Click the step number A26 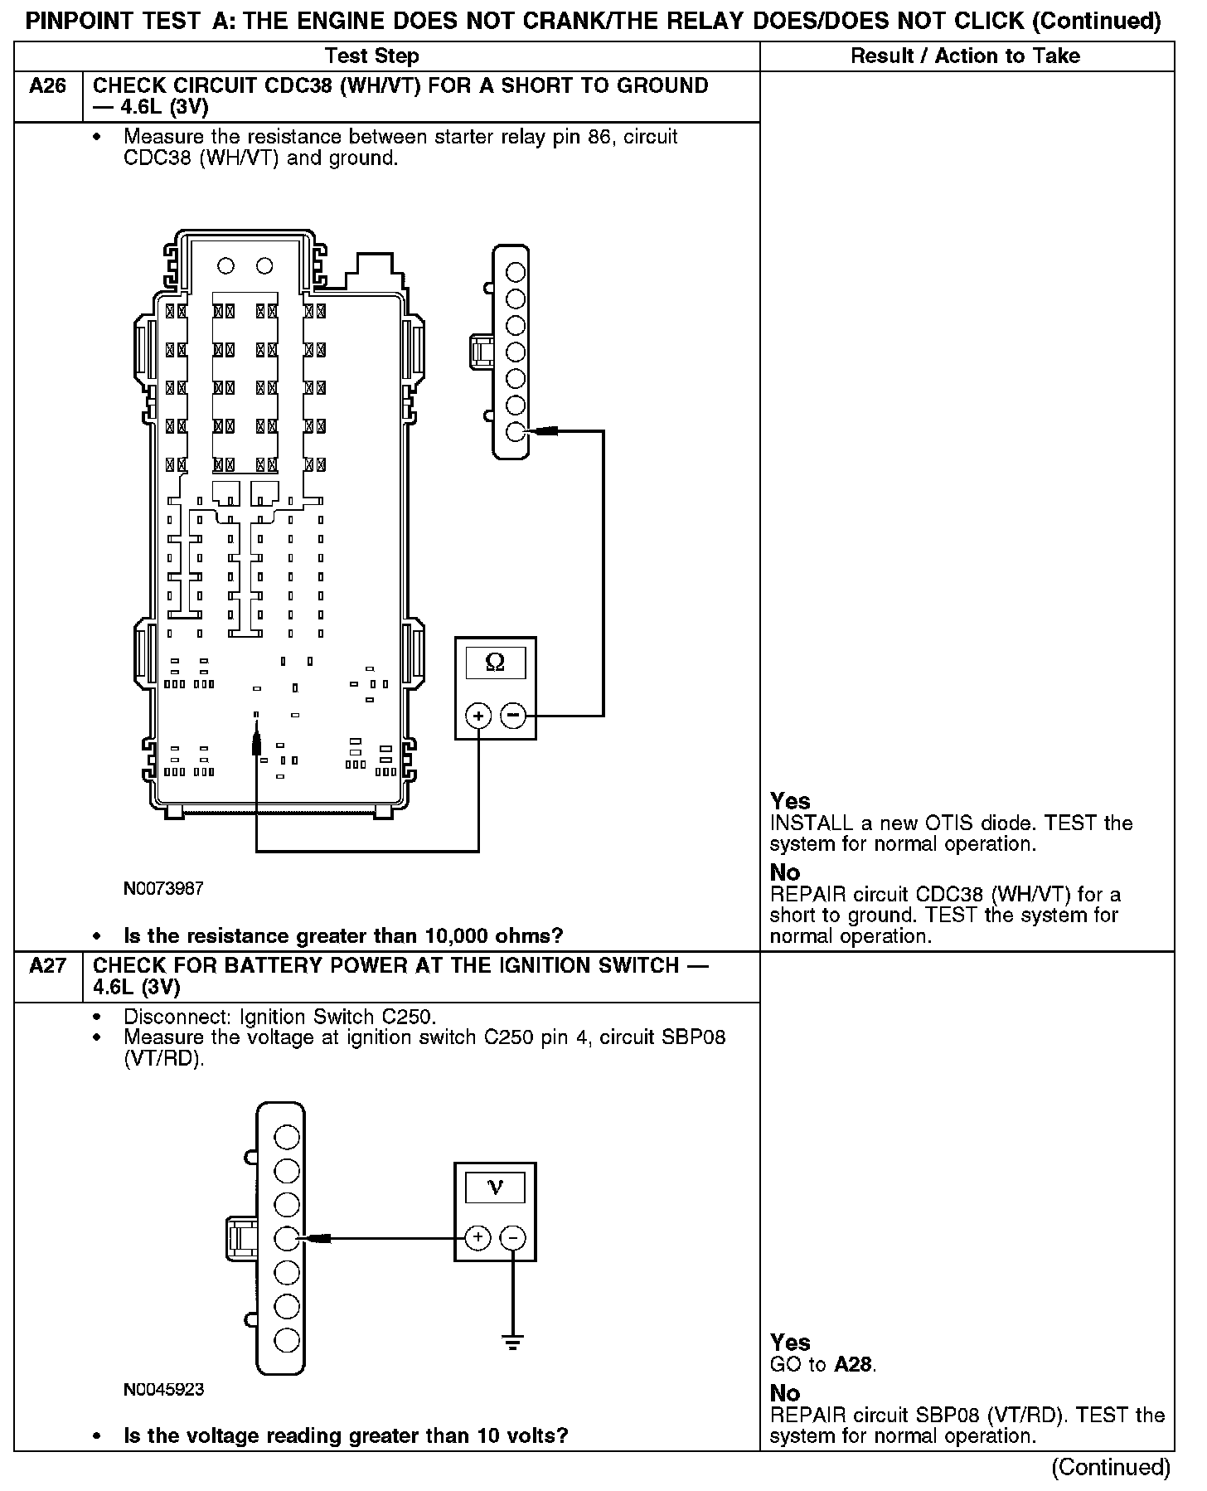pos(47,86)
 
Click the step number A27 pos(47,966)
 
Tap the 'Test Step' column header pos(371,56)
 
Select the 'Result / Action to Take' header pos(965,56)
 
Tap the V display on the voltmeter pos(495,1187)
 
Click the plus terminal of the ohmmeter pos(478,715)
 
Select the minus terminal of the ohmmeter pos(513,715)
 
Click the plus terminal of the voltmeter pos(477,1238)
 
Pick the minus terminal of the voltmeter pos(513,1238)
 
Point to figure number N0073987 pos(163,889)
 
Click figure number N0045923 pos(163,1389)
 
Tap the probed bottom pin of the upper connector pos(516,432)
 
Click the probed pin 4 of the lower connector pos(286,1238)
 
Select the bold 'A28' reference pos(854,1364)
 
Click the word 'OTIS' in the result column pos(945,823)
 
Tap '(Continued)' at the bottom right pos(1110,1468)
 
